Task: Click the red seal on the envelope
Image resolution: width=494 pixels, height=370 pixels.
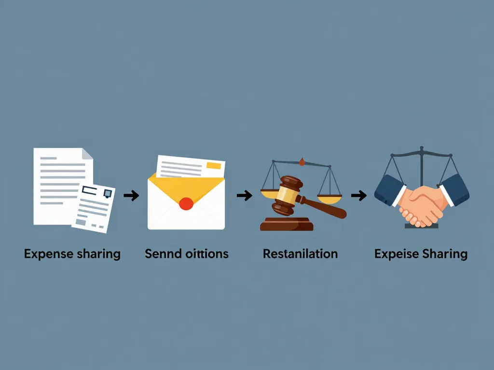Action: coord(186,204)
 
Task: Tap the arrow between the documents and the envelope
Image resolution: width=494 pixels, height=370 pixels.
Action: coord(131,195)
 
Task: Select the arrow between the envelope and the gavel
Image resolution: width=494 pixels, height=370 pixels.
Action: coord(245,195)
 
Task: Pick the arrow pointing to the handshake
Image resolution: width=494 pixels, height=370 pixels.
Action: coord(358,195)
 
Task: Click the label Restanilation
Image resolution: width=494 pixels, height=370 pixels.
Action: coord(300,253)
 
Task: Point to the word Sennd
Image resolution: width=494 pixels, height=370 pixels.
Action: coord(163,253)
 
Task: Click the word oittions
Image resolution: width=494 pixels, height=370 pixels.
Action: coord(207,253)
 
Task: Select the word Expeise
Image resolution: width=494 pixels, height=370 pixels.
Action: coord(395,253)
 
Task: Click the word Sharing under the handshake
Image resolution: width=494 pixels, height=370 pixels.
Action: coord(444,253)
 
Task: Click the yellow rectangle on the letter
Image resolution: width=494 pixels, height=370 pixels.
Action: coord(213,166)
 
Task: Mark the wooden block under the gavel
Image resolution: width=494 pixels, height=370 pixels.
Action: coord(287,225)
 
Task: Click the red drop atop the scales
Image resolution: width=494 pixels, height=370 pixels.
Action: coord(302,162)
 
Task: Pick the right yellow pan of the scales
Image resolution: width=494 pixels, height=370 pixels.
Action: coord(329,197)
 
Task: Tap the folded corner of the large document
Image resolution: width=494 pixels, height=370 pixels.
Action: coord(87,154)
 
